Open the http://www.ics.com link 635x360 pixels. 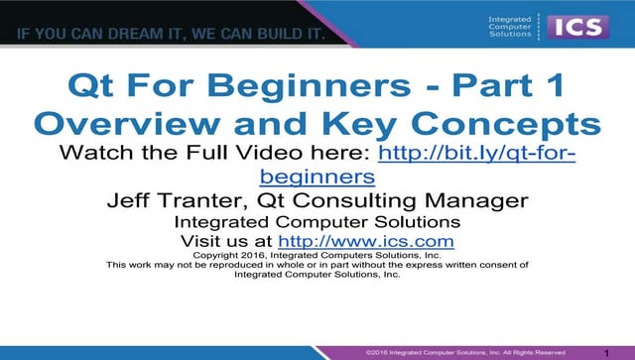pos(366,241)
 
